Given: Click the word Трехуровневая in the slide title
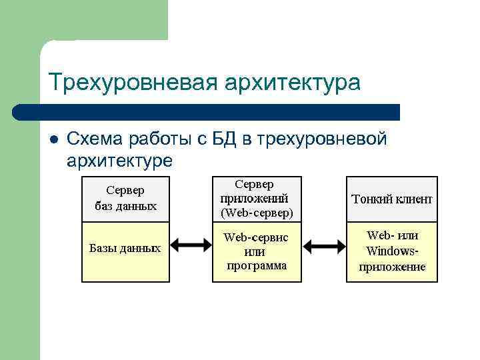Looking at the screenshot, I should click(x=133, y=83).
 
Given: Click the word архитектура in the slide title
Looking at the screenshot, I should click(x=292, y=83).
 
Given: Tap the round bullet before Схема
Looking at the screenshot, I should click(x=54, y=139).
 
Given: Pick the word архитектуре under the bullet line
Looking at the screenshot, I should click(x=119, y=161).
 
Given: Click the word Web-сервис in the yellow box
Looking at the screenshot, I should click(x=255, y=237).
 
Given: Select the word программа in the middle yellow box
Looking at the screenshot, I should click(x=257, y=265).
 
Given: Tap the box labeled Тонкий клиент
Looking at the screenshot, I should click(x=392, y=199).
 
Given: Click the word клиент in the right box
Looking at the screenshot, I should click(x=413, y=199).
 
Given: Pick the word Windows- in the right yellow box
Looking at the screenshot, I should click(x=392, y=251).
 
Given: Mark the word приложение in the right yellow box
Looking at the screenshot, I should click(x=392, y=267).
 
